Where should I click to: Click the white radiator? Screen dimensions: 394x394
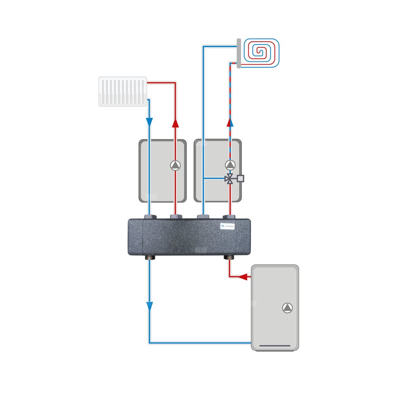tap(123, 91)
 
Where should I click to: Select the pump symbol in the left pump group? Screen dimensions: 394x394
tap(175, 165)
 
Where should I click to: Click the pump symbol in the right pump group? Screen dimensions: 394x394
tap(230, 164)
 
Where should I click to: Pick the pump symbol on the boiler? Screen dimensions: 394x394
tap(288, 308)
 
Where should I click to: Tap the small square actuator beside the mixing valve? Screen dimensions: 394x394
tap(241, 178)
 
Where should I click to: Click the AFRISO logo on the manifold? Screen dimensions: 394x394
tap(227, 226)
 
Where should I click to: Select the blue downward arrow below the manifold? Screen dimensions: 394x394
tap(149, 305)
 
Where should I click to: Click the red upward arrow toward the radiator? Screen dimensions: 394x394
tap(175, 123)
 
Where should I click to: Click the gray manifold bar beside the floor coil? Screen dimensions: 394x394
tap(239, 53)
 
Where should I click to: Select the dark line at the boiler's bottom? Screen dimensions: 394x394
tap(275, 347)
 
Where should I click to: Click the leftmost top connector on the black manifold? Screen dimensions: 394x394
tap(149, 217)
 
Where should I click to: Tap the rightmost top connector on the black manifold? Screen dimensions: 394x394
tap(229, 217)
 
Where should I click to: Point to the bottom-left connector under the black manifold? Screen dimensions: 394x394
tap(149, 258)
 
